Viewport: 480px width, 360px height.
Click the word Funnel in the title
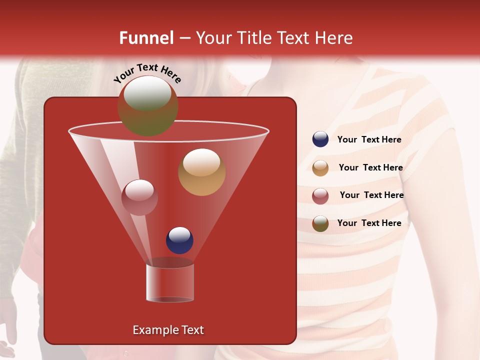point(146,38)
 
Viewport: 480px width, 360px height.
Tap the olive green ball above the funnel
point(148,106)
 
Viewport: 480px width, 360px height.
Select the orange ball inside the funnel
point(201,172)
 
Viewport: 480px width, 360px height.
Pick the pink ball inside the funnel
point(139,197)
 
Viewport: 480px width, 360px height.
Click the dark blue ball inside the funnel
point(179,240)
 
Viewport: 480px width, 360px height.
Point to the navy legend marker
point(320,139)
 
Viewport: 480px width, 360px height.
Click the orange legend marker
point(320,167)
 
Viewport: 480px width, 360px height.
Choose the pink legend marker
point(320,195)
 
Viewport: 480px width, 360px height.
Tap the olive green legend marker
point(320,223)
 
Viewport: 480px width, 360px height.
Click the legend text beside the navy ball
point(369,139)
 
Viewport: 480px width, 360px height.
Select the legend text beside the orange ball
point(370,167)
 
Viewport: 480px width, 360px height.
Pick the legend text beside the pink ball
point(371,195)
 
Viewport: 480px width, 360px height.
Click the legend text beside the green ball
point(369,223)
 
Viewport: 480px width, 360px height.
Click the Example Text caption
point(168,330)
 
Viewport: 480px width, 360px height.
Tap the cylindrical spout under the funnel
point(170,282)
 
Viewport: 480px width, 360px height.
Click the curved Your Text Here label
point(147,73)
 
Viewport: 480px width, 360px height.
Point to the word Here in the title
point(333,38)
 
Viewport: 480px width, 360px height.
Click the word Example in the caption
point(154,330)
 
